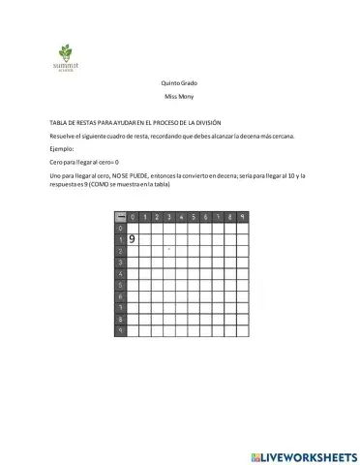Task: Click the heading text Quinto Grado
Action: tap(179, 84)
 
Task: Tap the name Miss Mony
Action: tap(179, 100)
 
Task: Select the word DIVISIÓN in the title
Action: tap(205, 123)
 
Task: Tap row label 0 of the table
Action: tap(120, 228)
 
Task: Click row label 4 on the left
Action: tap(120, 274)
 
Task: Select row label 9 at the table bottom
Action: tap(120, 330)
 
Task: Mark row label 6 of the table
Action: tap(120, 296)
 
